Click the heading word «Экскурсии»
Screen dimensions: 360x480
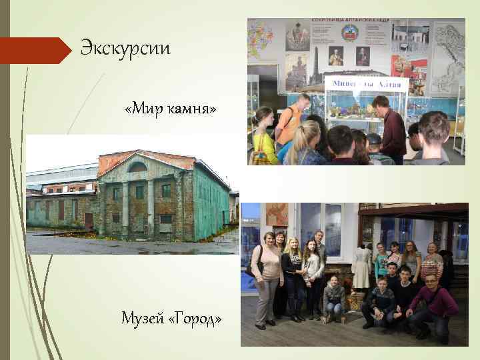[125, 49]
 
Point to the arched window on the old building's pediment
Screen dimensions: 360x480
[138, 167]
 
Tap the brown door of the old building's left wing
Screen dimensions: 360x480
[89, 219]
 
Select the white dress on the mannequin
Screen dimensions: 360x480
[361, 267]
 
